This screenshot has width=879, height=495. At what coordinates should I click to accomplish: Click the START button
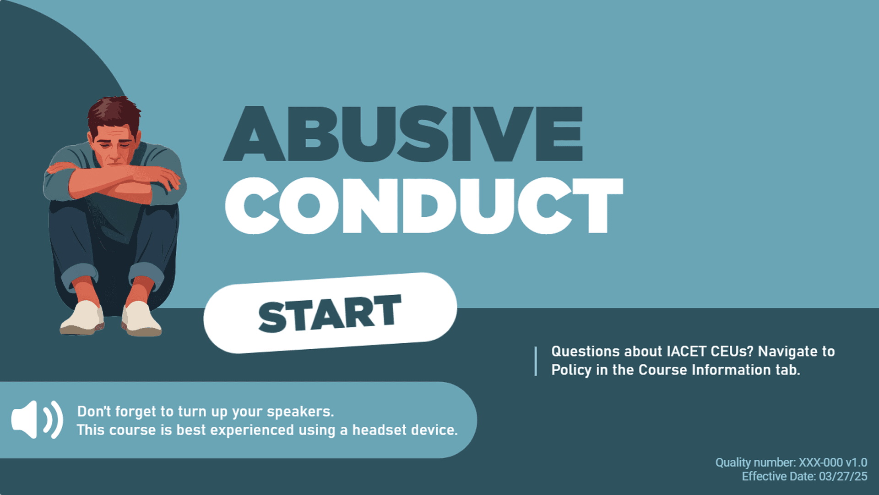(330, 313)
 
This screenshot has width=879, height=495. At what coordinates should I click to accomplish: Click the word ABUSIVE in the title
(403, 133)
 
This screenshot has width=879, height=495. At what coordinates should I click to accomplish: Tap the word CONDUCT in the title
(424, 206)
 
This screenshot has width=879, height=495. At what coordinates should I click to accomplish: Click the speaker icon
(37, 419)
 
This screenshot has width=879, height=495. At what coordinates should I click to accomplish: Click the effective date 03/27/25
(843, 477)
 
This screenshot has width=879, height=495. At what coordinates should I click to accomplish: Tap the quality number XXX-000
(821, 463)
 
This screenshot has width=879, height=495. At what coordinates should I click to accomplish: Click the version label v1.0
(857, 463)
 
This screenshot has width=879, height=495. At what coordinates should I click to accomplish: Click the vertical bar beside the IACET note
(536, 362)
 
